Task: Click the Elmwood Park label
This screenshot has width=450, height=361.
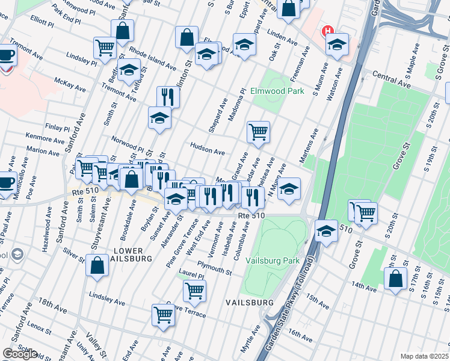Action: point(282,91)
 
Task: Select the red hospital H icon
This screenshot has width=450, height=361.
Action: point(328,31)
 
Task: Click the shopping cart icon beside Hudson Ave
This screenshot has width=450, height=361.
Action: point(258,132)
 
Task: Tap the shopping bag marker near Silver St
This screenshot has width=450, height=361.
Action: point(97,265)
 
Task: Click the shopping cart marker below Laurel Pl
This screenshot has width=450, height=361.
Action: point(194,291)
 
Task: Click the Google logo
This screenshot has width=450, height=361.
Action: point(20,353)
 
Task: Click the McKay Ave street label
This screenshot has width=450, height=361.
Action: point(70,84)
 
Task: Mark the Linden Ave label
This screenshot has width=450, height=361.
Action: point(283,40)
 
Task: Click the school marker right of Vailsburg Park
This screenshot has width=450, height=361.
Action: point(326,232)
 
